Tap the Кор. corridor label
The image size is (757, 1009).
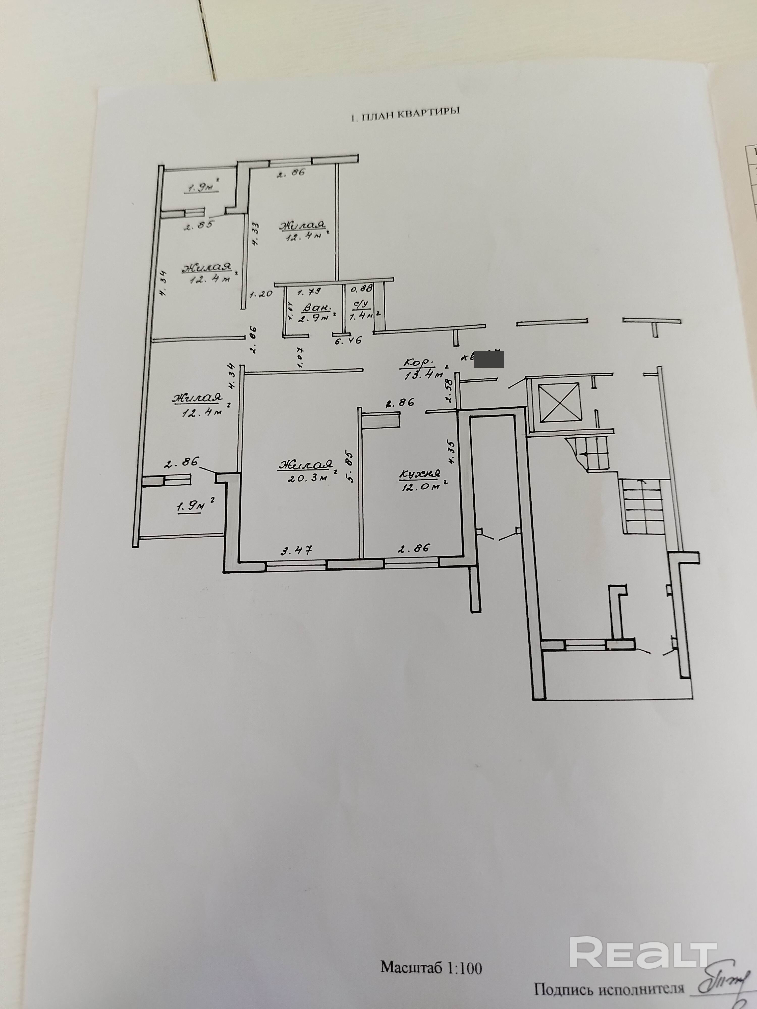pyautogui.click(x=417, y=363)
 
